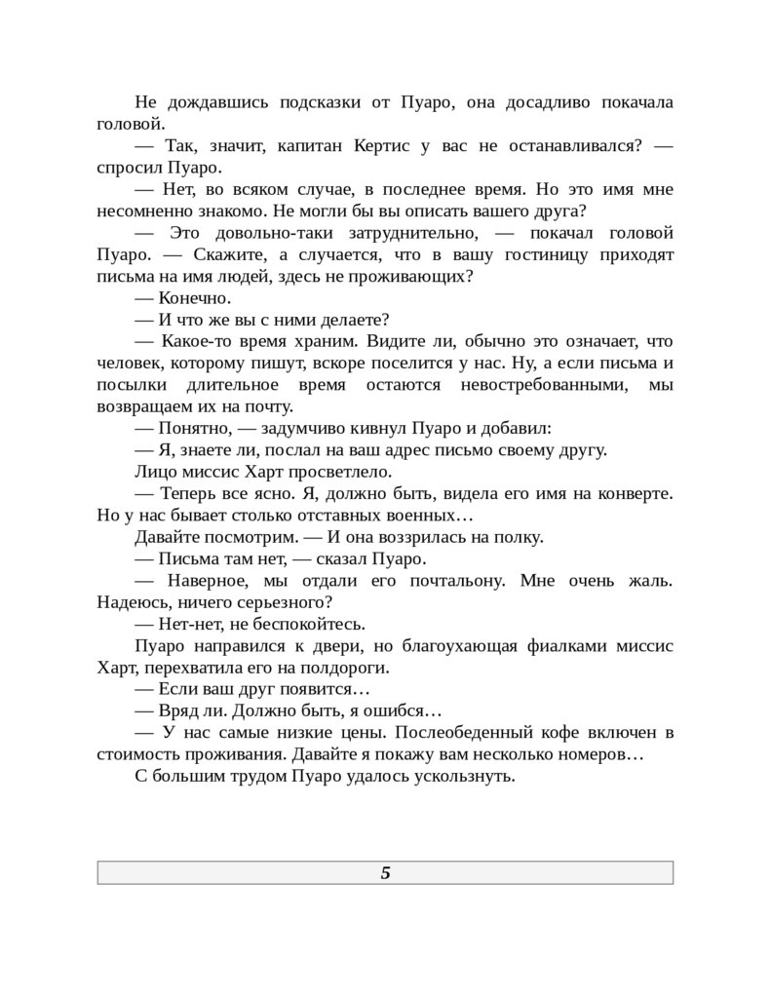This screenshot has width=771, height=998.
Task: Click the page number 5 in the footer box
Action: pyautogui.click(x=385, y=873)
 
